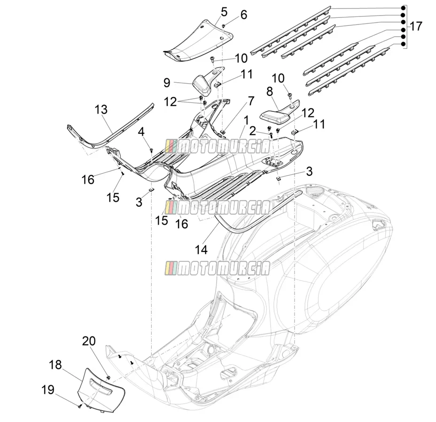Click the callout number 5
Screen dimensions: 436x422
pyautogui.click(x=224, y=12)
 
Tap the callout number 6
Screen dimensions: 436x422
pyautogui.click(x=243, y=15)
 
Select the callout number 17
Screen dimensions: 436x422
pyautogui.click(x=416, y=26)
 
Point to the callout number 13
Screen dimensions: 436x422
pyautogui.click(x=101, y=109)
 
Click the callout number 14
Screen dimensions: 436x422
pyautogui.click(x=201, y=250)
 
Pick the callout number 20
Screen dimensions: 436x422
pyautogui.click(x=89, y=341)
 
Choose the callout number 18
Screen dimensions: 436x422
pyautogui.click(x=55, y=365)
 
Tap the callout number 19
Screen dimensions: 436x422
pyautogui.click(x=48, y=390)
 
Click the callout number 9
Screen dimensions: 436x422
pyautogui.click(x=167, y=83)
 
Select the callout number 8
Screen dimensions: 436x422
pyautogui.click(x=269, y=91)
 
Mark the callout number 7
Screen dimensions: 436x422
pyautogui.click(x=251, y=101)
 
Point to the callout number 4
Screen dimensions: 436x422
pyautogui.click(x=141, y=132)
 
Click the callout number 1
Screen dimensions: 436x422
pyautogui.click(x=246, y=120)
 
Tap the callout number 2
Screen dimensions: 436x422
pyautogui.click(x=252, y=131)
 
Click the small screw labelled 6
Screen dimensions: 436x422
pyautogui.click(x=223, y=26)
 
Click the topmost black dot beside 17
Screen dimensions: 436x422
pyautogui.click(x=402, y=8)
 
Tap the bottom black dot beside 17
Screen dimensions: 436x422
pyautogui.click(x=402, y=44)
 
